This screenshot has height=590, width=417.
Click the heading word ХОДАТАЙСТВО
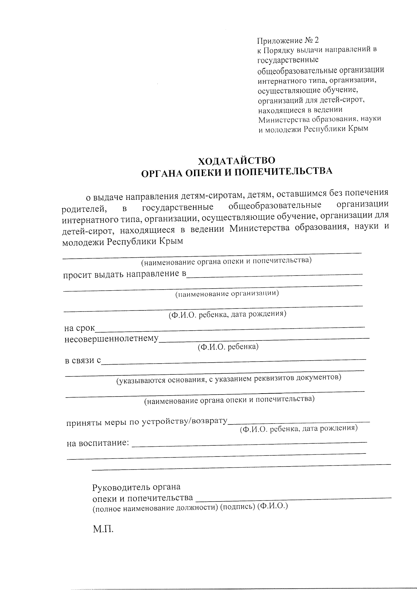tap(236, 161)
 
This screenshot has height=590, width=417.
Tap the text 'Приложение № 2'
tap(288, 41)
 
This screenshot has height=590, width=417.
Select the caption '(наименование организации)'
tap(227, 294)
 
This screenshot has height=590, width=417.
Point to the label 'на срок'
tap(80, 328)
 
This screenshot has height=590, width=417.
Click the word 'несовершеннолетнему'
tap(111, 338)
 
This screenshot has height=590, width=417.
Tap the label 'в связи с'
tap(83, 361)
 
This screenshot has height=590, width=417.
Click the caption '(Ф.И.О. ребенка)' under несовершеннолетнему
tap(228, 346)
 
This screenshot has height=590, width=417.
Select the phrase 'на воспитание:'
tap(98, 443)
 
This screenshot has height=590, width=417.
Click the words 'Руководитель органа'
tap(136, 487)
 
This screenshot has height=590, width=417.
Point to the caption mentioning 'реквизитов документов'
tap(229, 378)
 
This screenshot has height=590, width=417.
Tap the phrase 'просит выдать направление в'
tap(124, 274)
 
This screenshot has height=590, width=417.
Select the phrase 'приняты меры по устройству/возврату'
tap(147, 422)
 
